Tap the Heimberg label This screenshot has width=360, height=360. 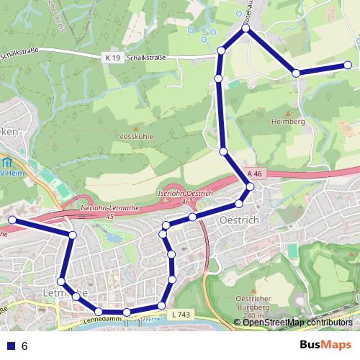289,122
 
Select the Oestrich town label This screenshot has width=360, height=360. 239,220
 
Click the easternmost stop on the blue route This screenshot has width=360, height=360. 348,66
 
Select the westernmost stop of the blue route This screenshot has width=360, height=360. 11,220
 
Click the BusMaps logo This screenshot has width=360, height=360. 325,346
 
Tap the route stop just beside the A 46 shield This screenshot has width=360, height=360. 250,187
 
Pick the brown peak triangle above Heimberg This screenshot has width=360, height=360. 289,113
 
